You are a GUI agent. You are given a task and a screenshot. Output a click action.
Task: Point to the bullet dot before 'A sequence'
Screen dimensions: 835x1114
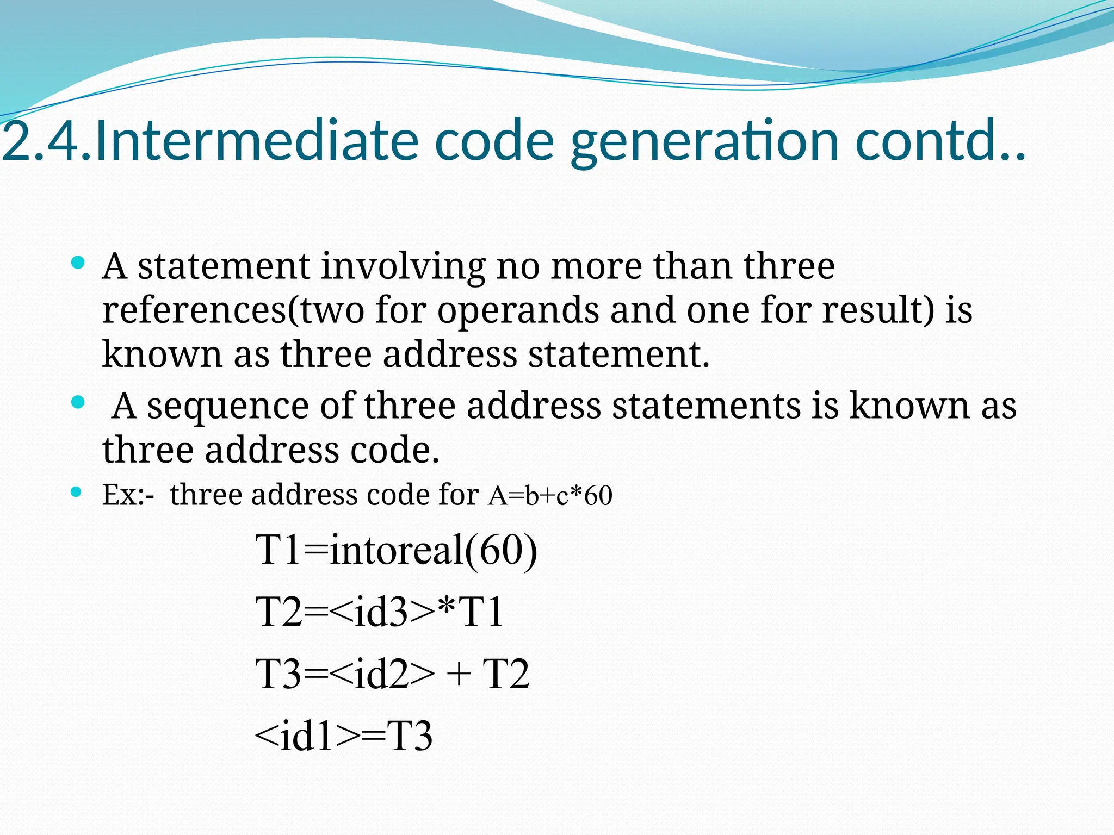point(78,403)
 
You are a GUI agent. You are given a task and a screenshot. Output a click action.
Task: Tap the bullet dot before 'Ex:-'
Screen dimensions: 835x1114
point(77,493)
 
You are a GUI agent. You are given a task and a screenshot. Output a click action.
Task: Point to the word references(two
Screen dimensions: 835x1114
point(233,311)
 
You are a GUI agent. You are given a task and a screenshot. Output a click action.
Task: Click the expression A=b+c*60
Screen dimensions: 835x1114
point(550,495)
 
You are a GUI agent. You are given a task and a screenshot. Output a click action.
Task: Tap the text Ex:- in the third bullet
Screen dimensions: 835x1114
point(128,495)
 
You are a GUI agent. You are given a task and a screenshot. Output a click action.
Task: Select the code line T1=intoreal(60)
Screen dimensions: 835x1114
point(396,550)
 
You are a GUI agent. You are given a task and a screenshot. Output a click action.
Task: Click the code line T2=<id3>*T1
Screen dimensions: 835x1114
point(379,612)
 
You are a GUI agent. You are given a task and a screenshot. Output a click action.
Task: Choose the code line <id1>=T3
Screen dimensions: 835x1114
point(343,736)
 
